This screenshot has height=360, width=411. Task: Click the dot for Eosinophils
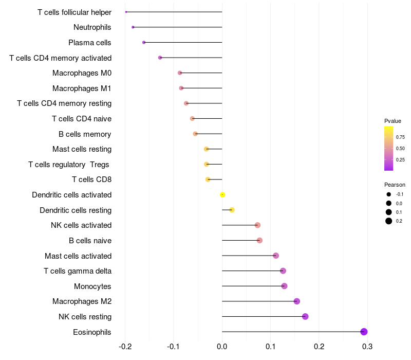point(364,332)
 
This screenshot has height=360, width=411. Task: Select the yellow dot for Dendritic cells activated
point(222,194)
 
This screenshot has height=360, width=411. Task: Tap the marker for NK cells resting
point(305,316)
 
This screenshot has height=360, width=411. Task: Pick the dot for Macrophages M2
point(296,301)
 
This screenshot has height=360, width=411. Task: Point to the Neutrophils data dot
point(133,27)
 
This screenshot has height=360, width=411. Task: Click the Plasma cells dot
point(144,42)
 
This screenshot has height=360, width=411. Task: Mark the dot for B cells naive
point(259,240)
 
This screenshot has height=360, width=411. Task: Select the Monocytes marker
point(284,286)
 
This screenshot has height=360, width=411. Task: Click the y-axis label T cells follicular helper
point(74,12)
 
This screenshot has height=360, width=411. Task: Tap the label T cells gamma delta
point(78,271)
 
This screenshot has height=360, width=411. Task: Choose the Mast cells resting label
point(82,149)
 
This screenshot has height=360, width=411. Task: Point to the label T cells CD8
point(91,179)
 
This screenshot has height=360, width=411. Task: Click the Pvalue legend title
point(393,121)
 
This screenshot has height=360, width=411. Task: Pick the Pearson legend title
point(395,185)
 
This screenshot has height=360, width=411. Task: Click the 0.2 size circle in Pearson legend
point(389,221)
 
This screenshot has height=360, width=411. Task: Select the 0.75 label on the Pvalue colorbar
point(400,137)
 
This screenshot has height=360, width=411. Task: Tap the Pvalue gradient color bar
point(389,148)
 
